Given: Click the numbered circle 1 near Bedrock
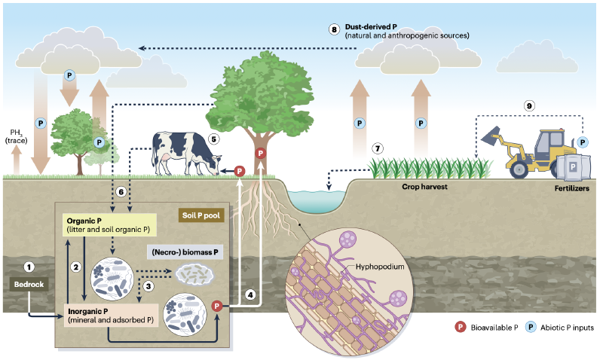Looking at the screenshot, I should click(29, 267).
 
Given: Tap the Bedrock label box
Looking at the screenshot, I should click(28, 284).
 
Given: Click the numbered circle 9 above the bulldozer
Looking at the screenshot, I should click(530, 106).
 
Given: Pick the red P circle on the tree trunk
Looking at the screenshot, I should click(260, 154).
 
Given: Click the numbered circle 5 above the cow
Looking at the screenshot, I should click(213, 139).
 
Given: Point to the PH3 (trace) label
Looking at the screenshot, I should click(16, 136).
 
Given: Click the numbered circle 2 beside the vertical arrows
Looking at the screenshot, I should click(75, 266).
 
